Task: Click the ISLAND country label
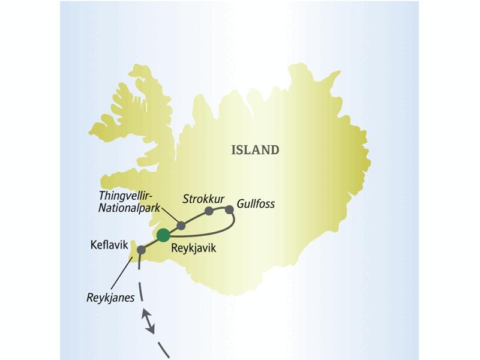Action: coord(255,150)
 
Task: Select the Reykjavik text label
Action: coord(193,247)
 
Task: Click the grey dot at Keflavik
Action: coord(142,250)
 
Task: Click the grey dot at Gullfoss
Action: coord(229,209)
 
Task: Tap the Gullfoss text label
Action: coord(256,204)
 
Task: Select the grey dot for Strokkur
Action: coord(209,211)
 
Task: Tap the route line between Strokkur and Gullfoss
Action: coord(219,209)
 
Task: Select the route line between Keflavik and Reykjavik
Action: coord(152,242)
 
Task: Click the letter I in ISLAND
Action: coord(233,150)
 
